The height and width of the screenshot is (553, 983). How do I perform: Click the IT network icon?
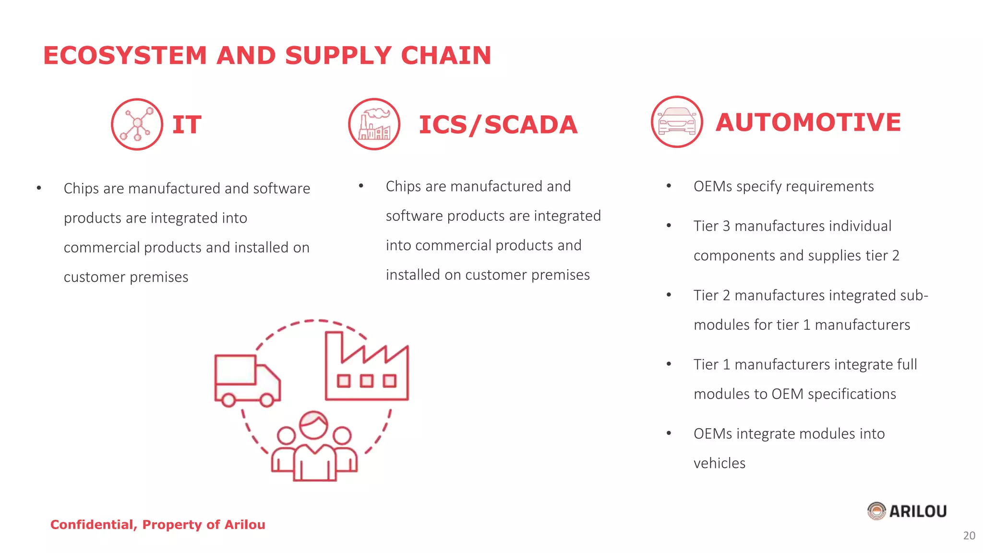137,124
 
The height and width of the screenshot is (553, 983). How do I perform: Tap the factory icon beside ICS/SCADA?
374,124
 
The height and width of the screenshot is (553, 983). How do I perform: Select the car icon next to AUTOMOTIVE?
677,122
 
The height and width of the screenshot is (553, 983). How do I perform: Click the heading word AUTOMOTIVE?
808,122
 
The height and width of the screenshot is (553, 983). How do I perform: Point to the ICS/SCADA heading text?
498,125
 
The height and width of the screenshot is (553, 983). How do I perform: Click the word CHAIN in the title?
446,55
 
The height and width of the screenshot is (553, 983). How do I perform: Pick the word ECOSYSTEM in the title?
125,55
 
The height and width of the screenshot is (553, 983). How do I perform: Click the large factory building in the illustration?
367,367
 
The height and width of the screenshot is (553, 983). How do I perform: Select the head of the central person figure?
313,425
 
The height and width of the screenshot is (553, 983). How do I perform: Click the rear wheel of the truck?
228,399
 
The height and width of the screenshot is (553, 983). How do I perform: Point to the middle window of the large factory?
367,381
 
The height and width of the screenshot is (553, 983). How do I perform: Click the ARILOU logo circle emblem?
876,511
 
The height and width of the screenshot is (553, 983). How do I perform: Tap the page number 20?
969,536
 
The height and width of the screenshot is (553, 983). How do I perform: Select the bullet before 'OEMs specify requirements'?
669,186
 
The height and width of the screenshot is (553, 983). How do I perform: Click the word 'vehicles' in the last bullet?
719,463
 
